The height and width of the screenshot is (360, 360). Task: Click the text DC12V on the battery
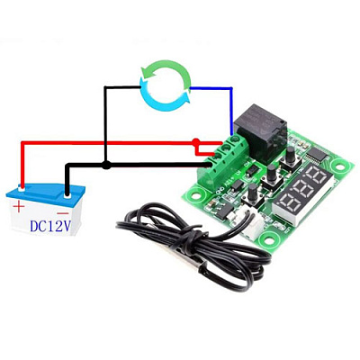coord(50,226)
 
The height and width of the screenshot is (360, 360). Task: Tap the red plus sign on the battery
coord(19,207)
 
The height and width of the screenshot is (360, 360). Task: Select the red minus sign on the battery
coord(63,213)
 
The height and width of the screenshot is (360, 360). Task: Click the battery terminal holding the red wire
coord(22,189)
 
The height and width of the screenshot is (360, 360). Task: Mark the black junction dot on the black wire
coord(105,165)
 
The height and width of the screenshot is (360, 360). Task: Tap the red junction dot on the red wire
coord(195,141)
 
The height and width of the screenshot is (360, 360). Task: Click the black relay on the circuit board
coord(259,130)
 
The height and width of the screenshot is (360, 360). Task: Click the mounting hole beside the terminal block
coord(196,195)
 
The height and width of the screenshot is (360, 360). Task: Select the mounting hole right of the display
coord(339,166)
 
